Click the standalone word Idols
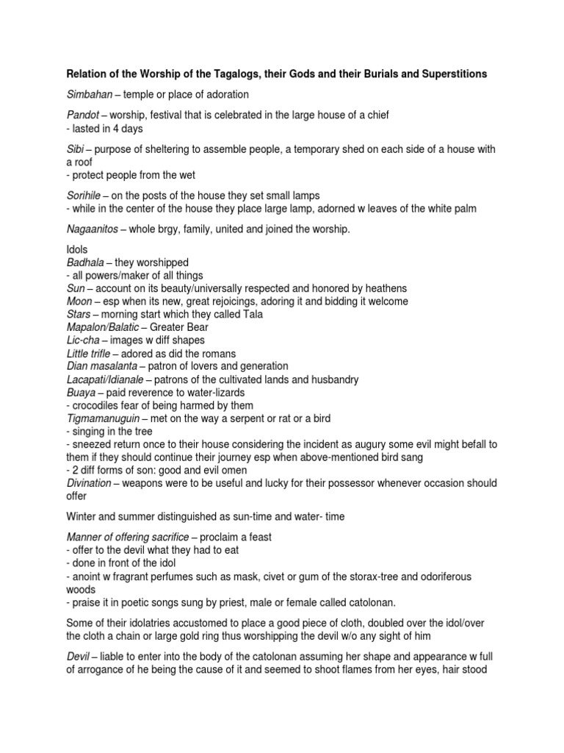click(77, 250)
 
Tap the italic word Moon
click(79, 301)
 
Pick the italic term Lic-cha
click(84, 340)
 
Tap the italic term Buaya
click(82, 393)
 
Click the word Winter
click(82, 516)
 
